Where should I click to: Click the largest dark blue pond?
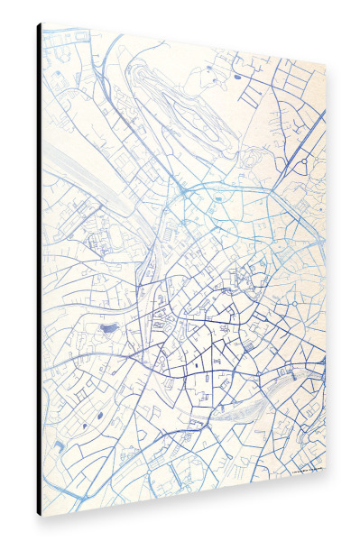107,330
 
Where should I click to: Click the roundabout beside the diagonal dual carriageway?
304,161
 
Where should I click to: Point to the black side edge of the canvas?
39,270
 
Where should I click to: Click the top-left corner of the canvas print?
42,24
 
